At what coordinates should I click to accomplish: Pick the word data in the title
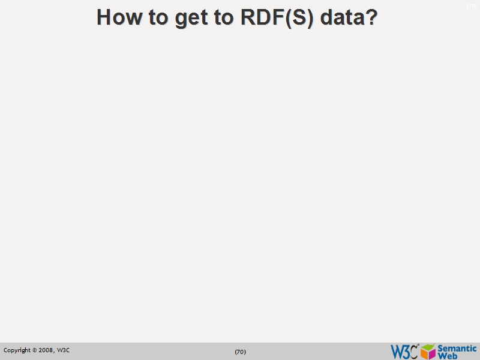tap(341, 17)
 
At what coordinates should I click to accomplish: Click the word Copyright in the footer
tap(17, 350)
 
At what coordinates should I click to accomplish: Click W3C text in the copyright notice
tap(63, 350)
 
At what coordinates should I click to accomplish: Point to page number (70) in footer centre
tap(240, 352)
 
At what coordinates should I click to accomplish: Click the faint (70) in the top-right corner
tap(472, 7)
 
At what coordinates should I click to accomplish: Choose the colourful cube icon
tap(428, 351)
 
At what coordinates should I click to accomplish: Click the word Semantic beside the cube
tap(457, 348)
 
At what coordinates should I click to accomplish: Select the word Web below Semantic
tap(448, 355)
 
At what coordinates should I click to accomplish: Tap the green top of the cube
tap(428, 346)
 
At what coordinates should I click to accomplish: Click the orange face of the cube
tap(424, 353)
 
